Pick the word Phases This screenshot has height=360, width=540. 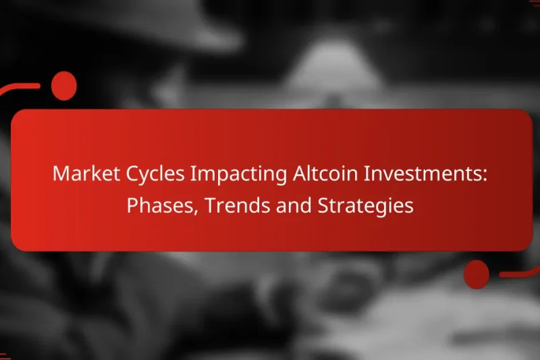161,206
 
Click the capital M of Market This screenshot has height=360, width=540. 61,174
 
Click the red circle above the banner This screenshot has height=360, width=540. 64,86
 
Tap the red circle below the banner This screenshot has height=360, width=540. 477,274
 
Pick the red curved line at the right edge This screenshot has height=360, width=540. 520,273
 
